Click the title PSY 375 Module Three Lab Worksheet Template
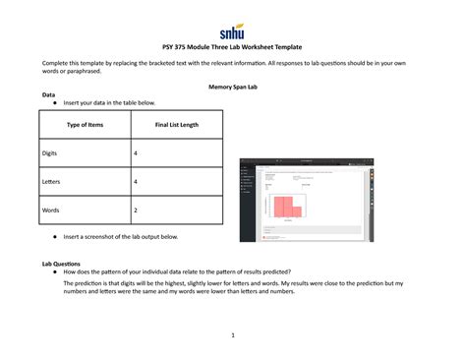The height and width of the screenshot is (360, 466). (x=232, y=46)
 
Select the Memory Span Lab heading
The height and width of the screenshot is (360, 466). (x=232, y=87)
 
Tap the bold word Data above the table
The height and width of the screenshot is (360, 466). (x=48, y=94)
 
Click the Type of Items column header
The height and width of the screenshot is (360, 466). (x=85, y=125)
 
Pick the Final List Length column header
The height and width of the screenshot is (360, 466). (x=177, y=125)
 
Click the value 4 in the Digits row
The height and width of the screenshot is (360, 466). (x=136, y=154)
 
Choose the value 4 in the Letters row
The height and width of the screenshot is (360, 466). (x=136, y=182)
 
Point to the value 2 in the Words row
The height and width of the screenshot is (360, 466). (x=136, y=210)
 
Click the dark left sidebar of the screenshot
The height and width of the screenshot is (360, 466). (x=244, y=202)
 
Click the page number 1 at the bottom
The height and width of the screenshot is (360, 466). (x=232, y=335)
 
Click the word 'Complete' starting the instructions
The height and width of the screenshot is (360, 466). (x=58, y=63)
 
